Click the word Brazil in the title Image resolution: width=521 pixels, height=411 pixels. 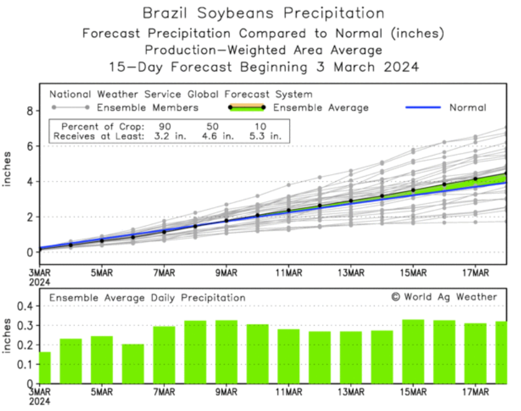(163, 13)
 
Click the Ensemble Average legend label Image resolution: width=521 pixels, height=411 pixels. (321, 107)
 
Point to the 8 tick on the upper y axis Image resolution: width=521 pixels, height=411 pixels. (29, 111)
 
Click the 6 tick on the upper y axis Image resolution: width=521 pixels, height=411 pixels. (29, 146)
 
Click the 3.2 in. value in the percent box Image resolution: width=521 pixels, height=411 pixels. (165, 136)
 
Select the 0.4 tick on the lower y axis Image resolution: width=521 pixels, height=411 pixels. (25, 306)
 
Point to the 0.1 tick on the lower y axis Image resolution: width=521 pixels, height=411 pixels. (25, 365)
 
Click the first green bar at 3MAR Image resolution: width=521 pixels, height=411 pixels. (44, 368)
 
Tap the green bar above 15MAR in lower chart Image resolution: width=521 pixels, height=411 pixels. (413, 351)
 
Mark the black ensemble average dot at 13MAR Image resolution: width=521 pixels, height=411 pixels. (351, 201)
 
